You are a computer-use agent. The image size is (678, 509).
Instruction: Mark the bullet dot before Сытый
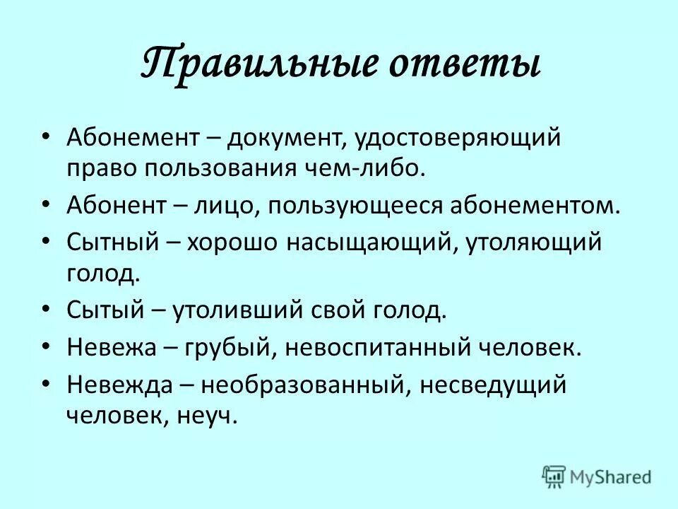pyautogui.click(x=46, y=310)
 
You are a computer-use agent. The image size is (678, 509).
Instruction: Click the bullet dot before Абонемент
pyautogui.click(x=46, y=134)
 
